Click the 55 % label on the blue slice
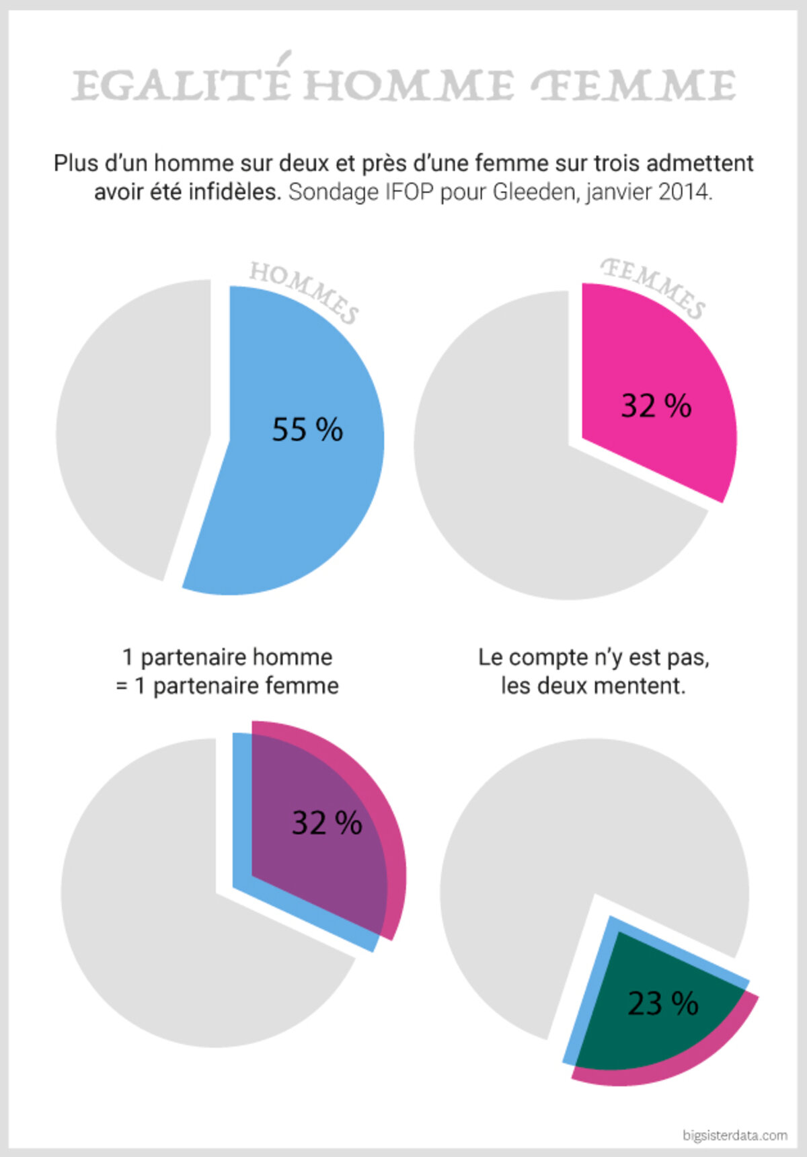pyautogui.click(x=307, y=430)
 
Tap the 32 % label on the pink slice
pyautogui.click(x=656, y=406)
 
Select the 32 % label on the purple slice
pyautogui.click(x=327, y=823)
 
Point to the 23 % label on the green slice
pyautogui.click(x=663, y=1004)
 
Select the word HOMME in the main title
pyautogui.click(x=408, y=86)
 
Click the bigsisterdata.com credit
pyautogui.click(x=734, y=1135)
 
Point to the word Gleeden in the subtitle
pyautogui.click(x=534, y=192)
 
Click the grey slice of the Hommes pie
pyautogui.click(x=128, y=431)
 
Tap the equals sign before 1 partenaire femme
pyautogui.click(x=122, y=687)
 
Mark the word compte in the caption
pyautogui.click(x=549, y=658)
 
